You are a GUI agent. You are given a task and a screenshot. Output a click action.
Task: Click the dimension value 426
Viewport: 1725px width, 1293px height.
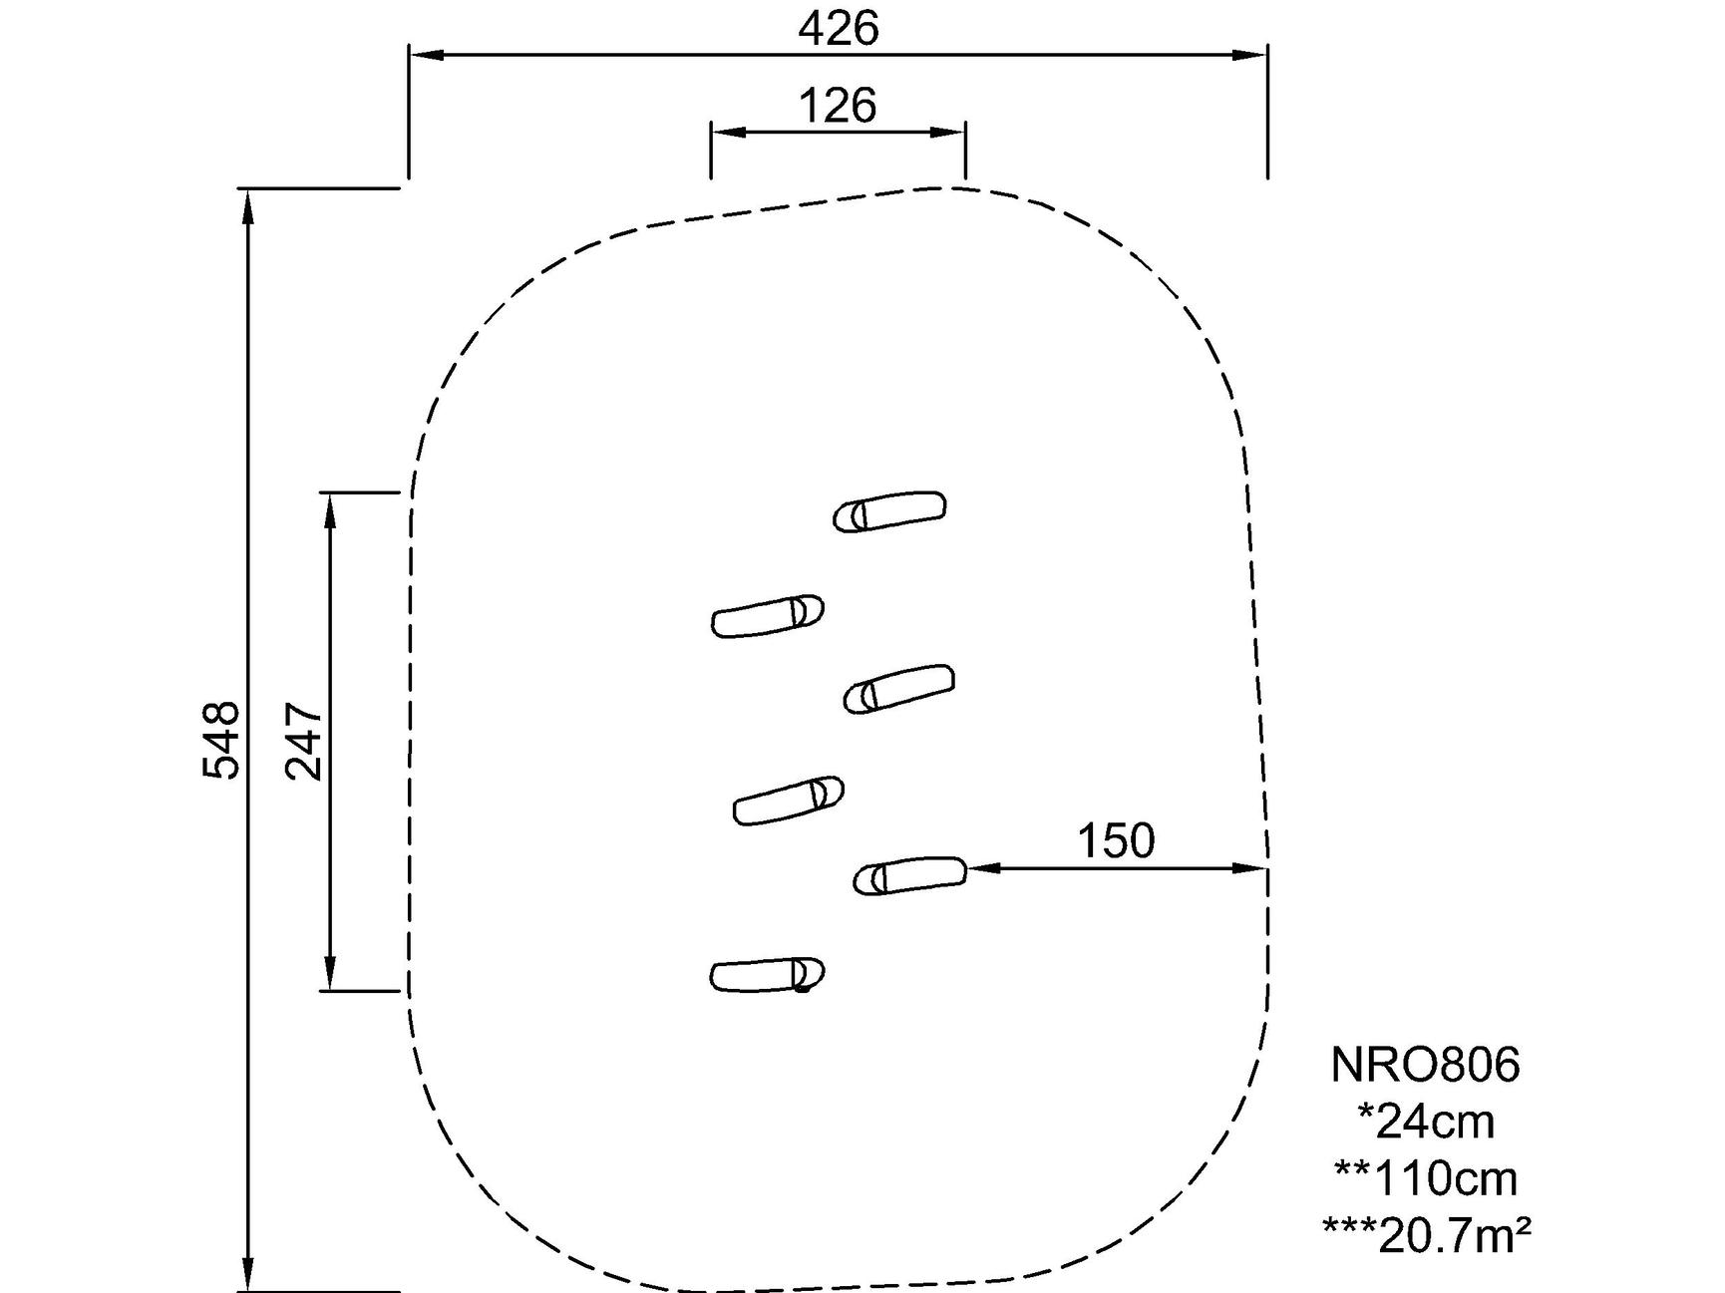coord(839,29)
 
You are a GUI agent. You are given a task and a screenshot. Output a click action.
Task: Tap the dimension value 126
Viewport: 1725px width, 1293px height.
coord(838,105)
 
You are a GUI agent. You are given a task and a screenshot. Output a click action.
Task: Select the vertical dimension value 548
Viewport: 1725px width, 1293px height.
coord(221,739)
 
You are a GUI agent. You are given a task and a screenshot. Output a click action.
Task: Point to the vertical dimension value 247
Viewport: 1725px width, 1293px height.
coord(304,741)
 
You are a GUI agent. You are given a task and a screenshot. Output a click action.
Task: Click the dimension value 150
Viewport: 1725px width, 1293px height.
coord(1116,840)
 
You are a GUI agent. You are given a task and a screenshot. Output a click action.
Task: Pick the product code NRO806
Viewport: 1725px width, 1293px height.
coord(1425,1065)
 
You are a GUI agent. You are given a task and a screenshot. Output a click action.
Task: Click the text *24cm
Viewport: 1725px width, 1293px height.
coord(1426,1122)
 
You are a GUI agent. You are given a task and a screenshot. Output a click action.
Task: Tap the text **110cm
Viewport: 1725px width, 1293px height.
coord(1426,1178)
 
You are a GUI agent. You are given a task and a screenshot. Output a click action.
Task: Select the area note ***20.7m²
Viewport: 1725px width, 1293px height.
coord(1426,1236)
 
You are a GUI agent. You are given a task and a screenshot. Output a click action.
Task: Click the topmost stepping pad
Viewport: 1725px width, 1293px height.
coord(890,511)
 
